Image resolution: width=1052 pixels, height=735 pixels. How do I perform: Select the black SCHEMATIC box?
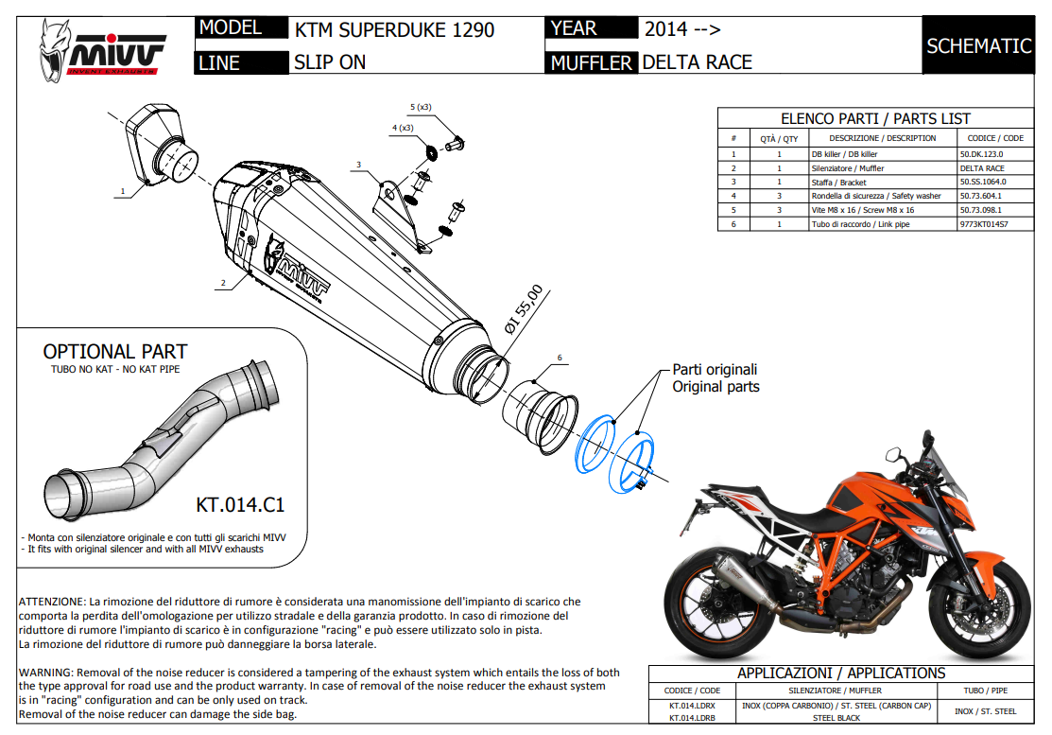[x=978, y=45]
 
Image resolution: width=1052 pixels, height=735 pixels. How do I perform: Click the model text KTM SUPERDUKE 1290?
[x=394, y=29]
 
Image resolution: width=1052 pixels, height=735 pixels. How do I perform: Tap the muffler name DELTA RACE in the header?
[x=697, y=62]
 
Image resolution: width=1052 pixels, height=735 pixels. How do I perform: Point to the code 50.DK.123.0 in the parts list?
[x=981, y=153]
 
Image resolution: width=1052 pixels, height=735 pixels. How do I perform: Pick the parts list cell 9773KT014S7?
[x=983, y=225]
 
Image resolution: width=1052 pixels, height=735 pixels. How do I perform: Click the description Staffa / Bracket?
[x=838, y=182]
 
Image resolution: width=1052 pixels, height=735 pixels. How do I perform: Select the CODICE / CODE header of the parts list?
[x=994, y=138]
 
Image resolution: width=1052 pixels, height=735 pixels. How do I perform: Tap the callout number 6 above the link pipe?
[x=560, y=358]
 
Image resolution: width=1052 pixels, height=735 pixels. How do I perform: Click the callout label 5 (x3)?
[x=421, y=107]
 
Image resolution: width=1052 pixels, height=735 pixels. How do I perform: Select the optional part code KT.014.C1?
[x=239, y=503]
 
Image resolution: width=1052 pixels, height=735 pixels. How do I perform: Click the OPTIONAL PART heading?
[x=115, y=351]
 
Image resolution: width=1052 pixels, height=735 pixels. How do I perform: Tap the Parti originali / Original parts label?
[x=715, y=378]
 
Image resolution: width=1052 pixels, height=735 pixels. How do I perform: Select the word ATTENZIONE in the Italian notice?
[x=52, y=602]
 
